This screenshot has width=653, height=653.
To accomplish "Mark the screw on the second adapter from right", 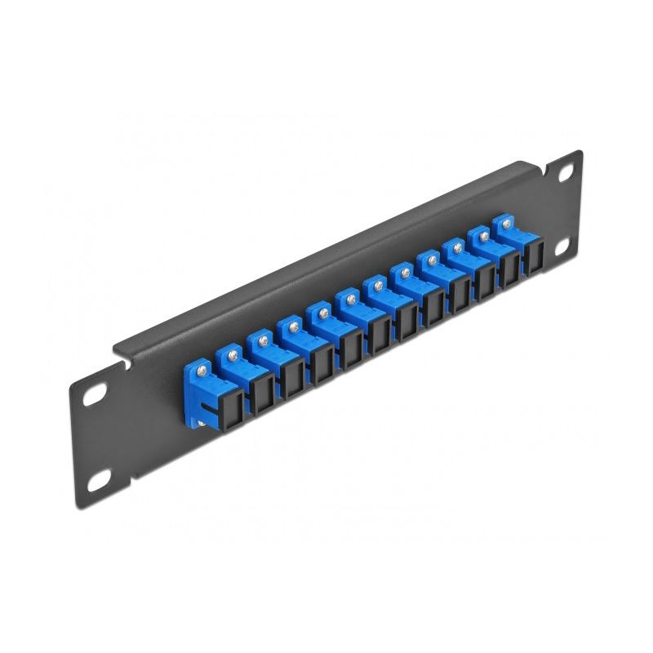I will click(484, 235).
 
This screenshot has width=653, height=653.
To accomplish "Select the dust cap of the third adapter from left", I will click(291, 377).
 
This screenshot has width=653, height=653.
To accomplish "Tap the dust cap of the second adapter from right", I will click(512, 269).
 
